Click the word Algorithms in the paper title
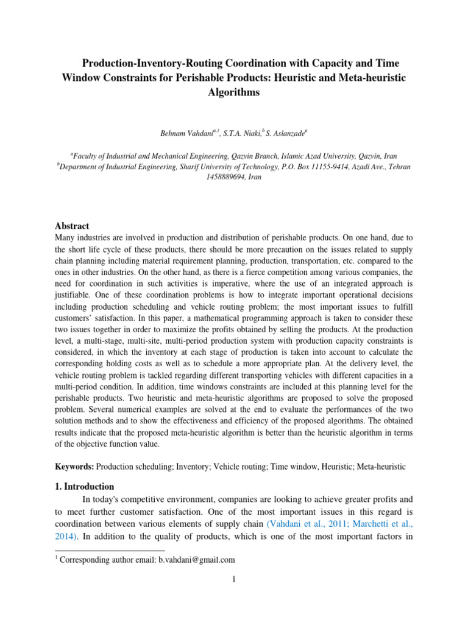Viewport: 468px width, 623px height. (x=233, y=92)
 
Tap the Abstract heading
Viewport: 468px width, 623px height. (x=72, y=225)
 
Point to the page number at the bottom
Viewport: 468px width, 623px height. (x=234, y=579)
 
